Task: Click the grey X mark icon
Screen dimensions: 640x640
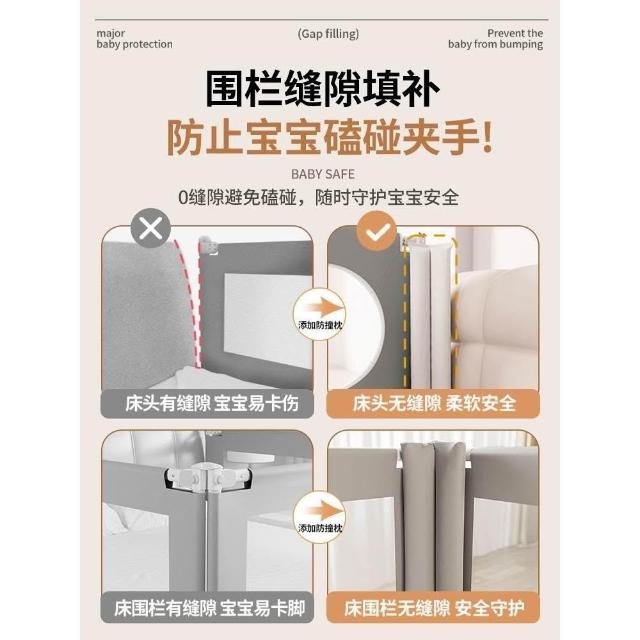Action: coord(151,228)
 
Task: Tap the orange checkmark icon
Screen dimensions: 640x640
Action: coord(377,231)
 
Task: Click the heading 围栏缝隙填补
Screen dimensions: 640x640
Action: coord(322,89)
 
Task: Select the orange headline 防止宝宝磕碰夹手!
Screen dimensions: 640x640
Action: coord(330,137)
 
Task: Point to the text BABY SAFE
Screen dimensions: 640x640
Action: coord(322,174)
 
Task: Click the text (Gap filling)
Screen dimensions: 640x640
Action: coord(328,34)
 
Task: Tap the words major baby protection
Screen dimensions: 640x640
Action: coord(134,39)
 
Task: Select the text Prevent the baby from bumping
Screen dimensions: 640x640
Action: coord(495,39)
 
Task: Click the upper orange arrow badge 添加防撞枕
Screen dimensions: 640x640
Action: coord(320,314)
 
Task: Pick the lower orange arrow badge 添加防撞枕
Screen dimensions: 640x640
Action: coord(320,517)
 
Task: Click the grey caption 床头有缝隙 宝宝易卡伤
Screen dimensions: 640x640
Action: coord(207,404)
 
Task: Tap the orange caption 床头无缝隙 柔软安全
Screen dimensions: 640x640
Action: coord(433,404)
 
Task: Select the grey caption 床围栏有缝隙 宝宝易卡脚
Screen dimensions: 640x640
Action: coord(207,608)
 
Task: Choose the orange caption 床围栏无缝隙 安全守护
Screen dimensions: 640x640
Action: coord(433,608)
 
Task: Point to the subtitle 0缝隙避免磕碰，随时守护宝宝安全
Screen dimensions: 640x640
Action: coord(319,198)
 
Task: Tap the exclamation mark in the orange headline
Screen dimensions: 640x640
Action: coord(487,137)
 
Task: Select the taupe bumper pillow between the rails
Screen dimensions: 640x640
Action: coord(433,516)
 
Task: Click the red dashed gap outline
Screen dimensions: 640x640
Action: coord(191,302)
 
